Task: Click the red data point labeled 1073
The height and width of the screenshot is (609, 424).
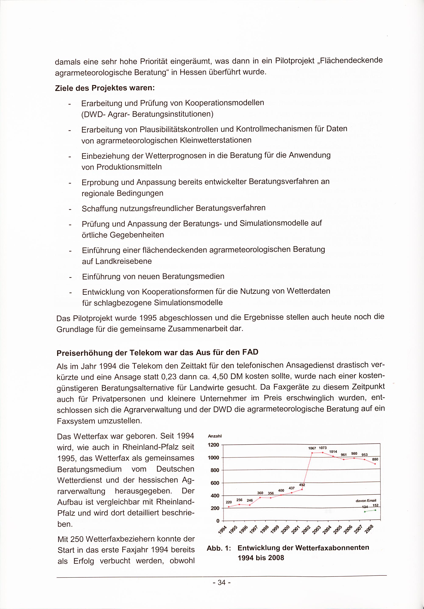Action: click(323, 452)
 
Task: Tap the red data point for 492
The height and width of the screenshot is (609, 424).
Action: click(302, 489)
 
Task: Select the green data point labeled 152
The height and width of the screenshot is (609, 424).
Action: click(375, 510)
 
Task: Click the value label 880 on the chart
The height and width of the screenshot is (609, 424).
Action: click(375, 459)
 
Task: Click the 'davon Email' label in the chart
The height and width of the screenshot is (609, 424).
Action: click(366, 501)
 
